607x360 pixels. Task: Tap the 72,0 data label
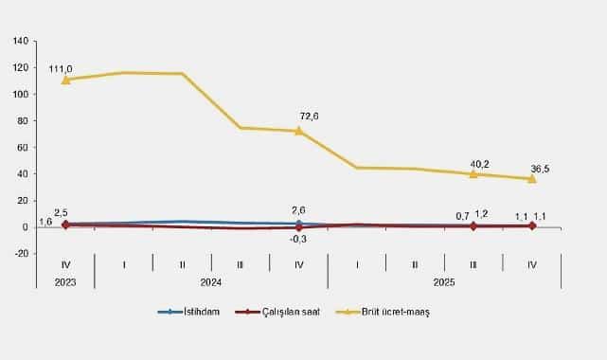pyautogui.click(x=309, y=116)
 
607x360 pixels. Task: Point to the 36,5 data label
pyautogui.click(x=541, y=169)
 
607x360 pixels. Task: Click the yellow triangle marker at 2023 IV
pyautogui.click(x=65, y=80)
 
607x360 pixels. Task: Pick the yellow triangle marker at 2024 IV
pyautogui.click(x=298, y=131)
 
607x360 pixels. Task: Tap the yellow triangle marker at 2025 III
pyautogui.click(x=473, y=173)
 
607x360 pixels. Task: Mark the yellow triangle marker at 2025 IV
pyautogui.click(x=531, y=178)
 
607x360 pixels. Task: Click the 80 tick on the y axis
pyautogui.click(x=26, y=121)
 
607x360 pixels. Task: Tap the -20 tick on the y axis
pyautogui.click(x=24, y=254)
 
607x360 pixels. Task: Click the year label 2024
pyautogui.click(x=211, y=281)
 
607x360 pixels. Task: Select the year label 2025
pyautogui.click(x=444, y=281)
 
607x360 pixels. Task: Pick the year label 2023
pyautogui.click(x=65, y=281)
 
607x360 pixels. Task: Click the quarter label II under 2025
pyautogui.click(x=415, y=265)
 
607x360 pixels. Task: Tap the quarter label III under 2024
pyautogui.click(x=241, y=265)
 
